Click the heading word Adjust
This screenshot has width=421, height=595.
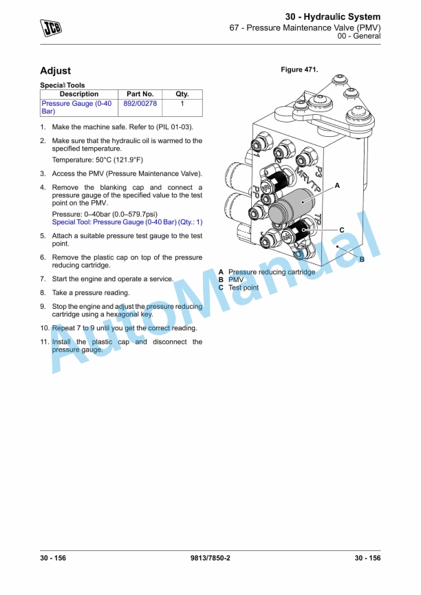click(x=55, y=71)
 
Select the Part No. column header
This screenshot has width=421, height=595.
click(x=140, y=94)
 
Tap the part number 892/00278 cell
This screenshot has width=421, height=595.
click(x=140, y=103)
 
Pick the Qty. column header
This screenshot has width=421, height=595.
click(x=182, y=94)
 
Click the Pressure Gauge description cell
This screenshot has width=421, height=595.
click(x=76, y=107)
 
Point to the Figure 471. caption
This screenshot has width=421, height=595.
click(x=299, y=69)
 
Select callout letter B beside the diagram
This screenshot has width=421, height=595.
click(x=361, y=259)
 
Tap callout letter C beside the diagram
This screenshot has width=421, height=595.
click(x=341, y=230)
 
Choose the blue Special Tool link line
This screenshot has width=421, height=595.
click(x=127, y=222)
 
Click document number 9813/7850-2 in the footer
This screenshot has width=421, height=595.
click(x=210, y=558)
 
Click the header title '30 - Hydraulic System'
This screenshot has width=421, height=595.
click(x=333, y=16)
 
